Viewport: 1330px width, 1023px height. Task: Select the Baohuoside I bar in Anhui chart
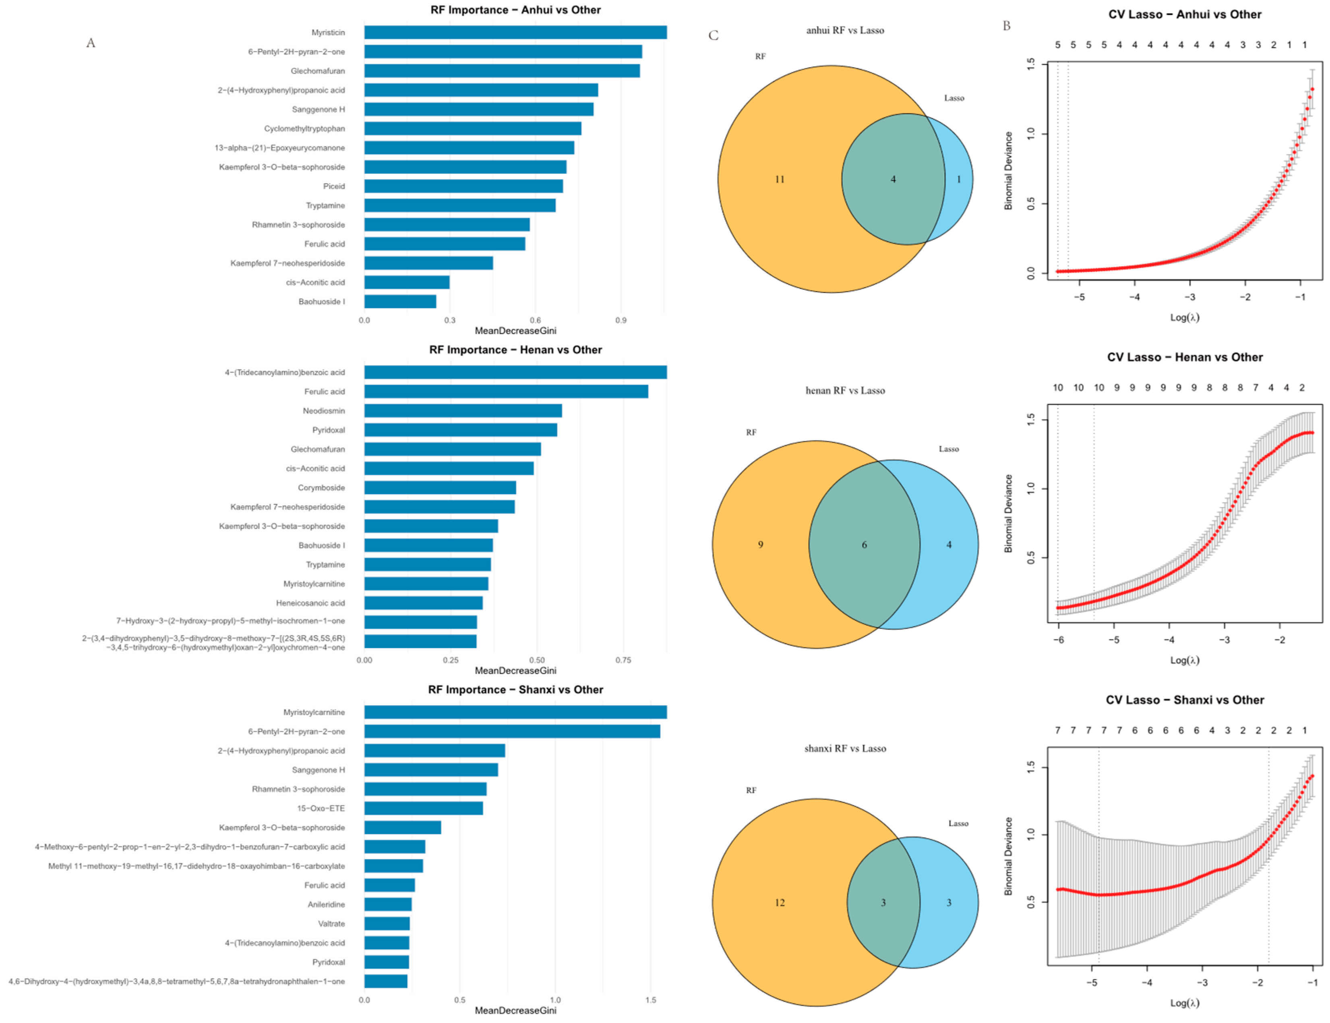point(400,301)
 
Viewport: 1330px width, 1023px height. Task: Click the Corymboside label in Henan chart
point(321,488)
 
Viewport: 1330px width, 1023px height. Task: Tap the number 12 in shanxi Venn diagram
point(779,903)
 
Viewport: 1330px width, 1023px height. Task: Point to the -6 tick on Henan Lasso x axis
point(1059,640)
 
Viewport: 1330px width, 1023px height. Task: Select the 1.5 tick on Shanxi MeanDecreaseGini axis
point(651,1000)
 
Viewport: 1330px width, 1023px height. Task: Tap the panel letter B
point(1006,26)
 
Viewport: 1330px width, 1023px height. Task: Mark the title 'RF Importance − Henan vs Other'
point(515,350)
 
